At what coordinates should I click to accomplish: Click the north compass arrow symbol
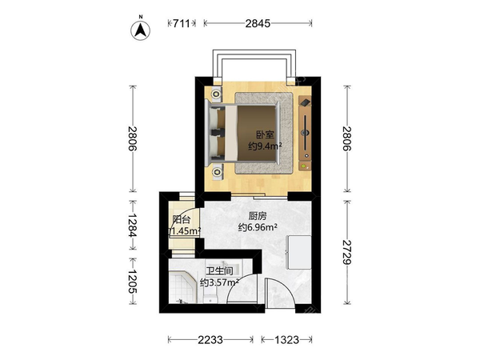coord(141,30)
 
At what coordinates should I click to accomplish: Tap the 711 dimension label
coord(182,23)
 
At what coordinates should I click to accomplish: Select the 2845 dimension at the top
coord(258,23)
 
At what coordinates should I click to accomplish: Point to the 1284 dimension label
coord(133,225)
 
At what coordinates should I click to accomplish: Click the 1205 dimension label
coord(133,282)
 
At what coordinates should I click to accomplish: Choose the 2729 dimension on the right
coord(347,253)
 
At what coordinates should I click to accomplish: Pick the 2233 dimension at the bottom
coord(210,340)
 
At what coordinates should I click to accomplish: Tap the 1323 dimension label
coord(286,340)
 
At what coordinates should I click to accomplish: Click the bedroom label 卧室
coord(265,134)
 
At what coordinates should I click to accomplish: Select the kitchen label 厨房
coord(258,216)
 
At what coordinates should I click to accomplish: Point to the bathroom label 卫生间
coord(219,271)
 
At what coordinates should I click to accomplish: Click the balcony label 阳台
coord(182,219)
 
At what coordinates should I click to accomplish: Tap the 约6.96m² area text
coord(258,227)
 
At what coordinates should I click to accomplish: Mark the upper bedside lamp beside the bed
coord(217,94)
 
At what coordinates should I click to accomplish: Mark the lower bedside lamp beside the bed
coord(217,172)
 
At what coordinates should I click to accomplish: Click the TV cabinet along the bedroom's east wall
coord(305,133)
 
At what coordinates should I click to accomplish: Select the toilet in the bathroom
coord(210,298)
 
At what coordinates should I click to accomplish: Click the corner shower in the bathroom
coord(182,287)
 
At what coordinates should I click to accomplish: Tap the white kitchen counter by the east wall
coord(298,253)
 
